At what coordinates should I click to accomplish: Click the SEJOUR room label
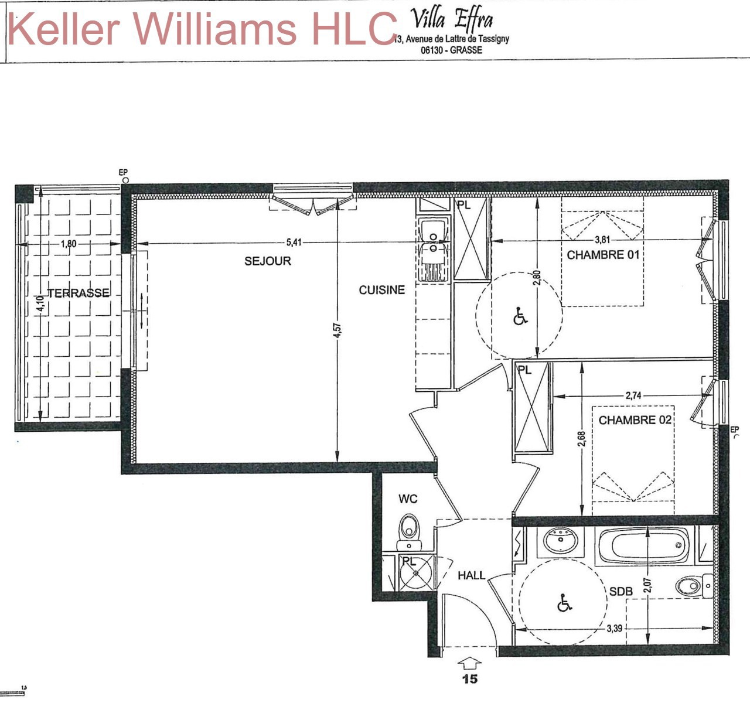pyautogui.click(x=268, y=261)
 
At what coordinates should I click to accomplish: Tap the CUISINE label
pyautogui.click(x=381, y=290)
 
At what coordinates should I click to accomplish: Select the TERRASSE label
pyautogui.click(x=79, y=293)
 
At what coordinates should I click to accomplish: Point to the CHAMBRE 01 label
pyautogui.click(x=603, y=255)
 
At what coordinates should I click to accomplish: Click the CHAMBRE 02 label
pyautogui.click(x=635, y=420)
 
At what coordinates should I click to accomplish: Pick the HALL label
pyautogui.click(x=471, y=576)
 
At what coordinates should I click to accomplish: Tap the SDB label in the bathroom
pyautogui.click(x=621, y=592)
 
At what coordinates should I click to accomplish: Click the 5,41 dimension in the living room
pyautogui.click(x=294, y=243)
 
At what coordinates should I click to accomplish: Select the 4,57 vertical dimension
pyautogui.click(x=337, y=330)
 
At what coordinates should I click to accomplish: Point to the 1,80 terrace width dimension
pyautogui.click(x=69, y=244)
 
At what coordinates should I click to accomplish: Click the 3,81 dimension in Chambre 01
pyautogui.click(x=602, y=240)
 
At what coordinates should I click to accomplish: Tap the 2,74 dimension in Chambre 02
pyautogui.click(x=633, y=395)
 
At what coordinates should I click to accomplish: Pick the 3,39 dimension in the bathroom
pyautogui.click(x=615, y=629)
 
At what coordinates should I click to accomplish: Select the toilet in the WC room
pyautogui.click(x=409, y=533)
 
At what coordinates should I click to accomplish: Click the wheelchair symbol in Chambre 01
pyautogui.click(x=520, y=316)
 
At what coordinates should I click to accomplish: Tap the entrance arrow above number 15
pyautogui.click(x=469, y=663)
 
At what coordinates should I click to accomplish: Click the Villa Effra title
pyautogui.click(x=451, y=19)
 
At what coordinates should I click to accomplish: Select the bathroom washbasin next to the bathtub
pyautogui.click(x=560, y=541)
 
